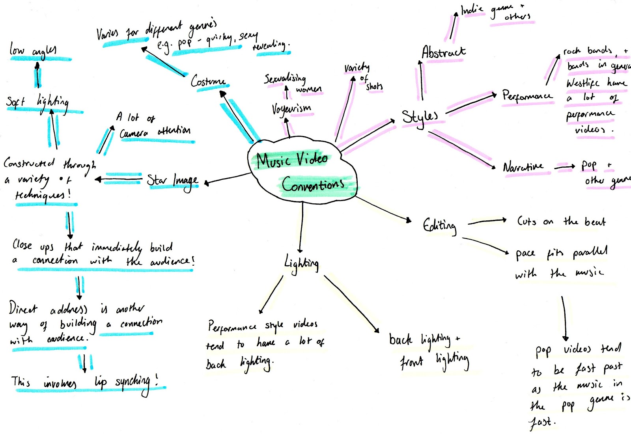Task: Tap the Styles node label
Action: [x=420, y=117]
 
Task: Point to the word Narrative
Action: [x=523, y=167]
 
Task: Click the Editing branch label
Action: [x=440, y=225]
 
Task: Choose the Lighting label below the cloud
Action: [x=302, y=263]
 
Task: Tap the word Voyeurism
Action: [x=291, y=108]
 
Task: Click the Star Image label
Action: [x=172, y=181]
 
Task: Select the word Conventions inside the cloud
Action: [x=313, y=184]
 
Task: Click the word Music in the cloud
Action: [x=273, y=160]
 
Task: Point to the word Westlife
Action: [x=583, y=83]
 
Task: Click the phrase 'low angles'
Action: [x=33, y=51]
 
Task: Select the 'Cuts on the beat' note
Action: [x=561, y=222]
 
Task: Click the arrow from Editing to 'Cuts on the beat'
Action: [x=487, y=222]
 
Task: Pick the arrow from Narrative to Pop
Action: [x=565, y=167]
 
